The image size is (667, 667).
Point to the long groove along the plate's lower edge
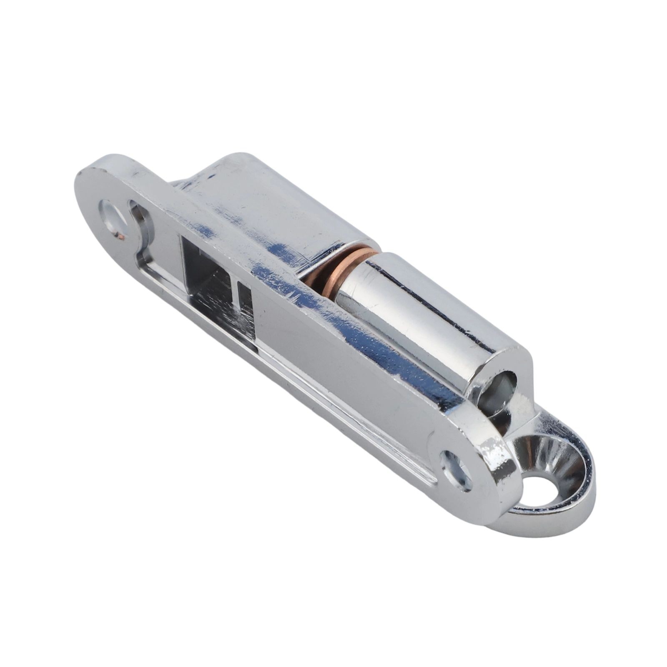(292, 367)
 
